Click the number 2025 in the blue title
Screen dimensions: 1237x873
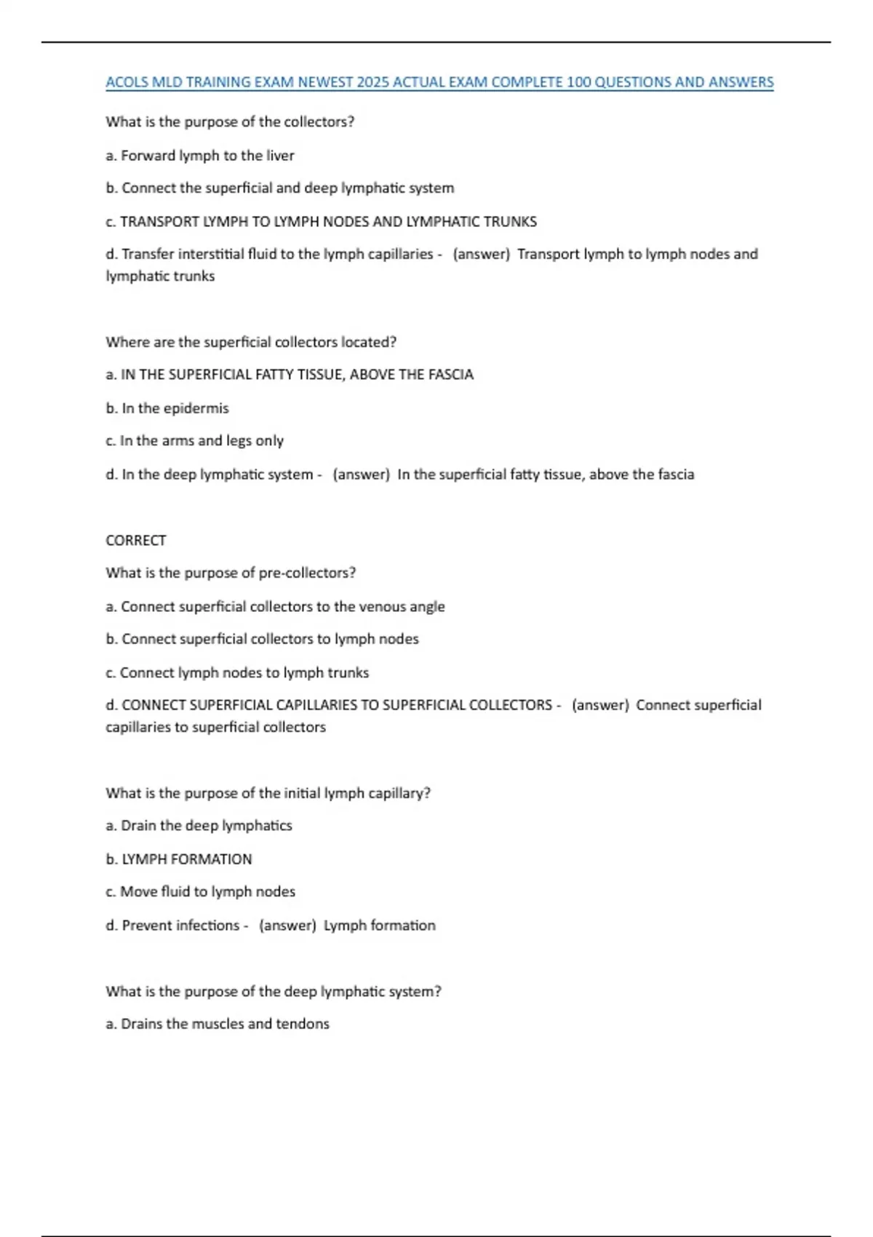(x=372, y=82)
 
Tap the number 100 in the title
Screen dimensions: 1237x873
(x=578, y=82)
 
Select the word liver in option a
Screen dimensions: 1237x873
(x=279, y=156)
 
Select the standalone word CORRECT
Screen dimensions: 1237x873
(x=136, y=541)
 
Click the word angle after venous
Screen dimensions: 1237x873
(x=427, y=607)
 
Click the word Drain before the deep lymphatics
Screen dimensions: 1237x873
(x=138, y=826)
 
